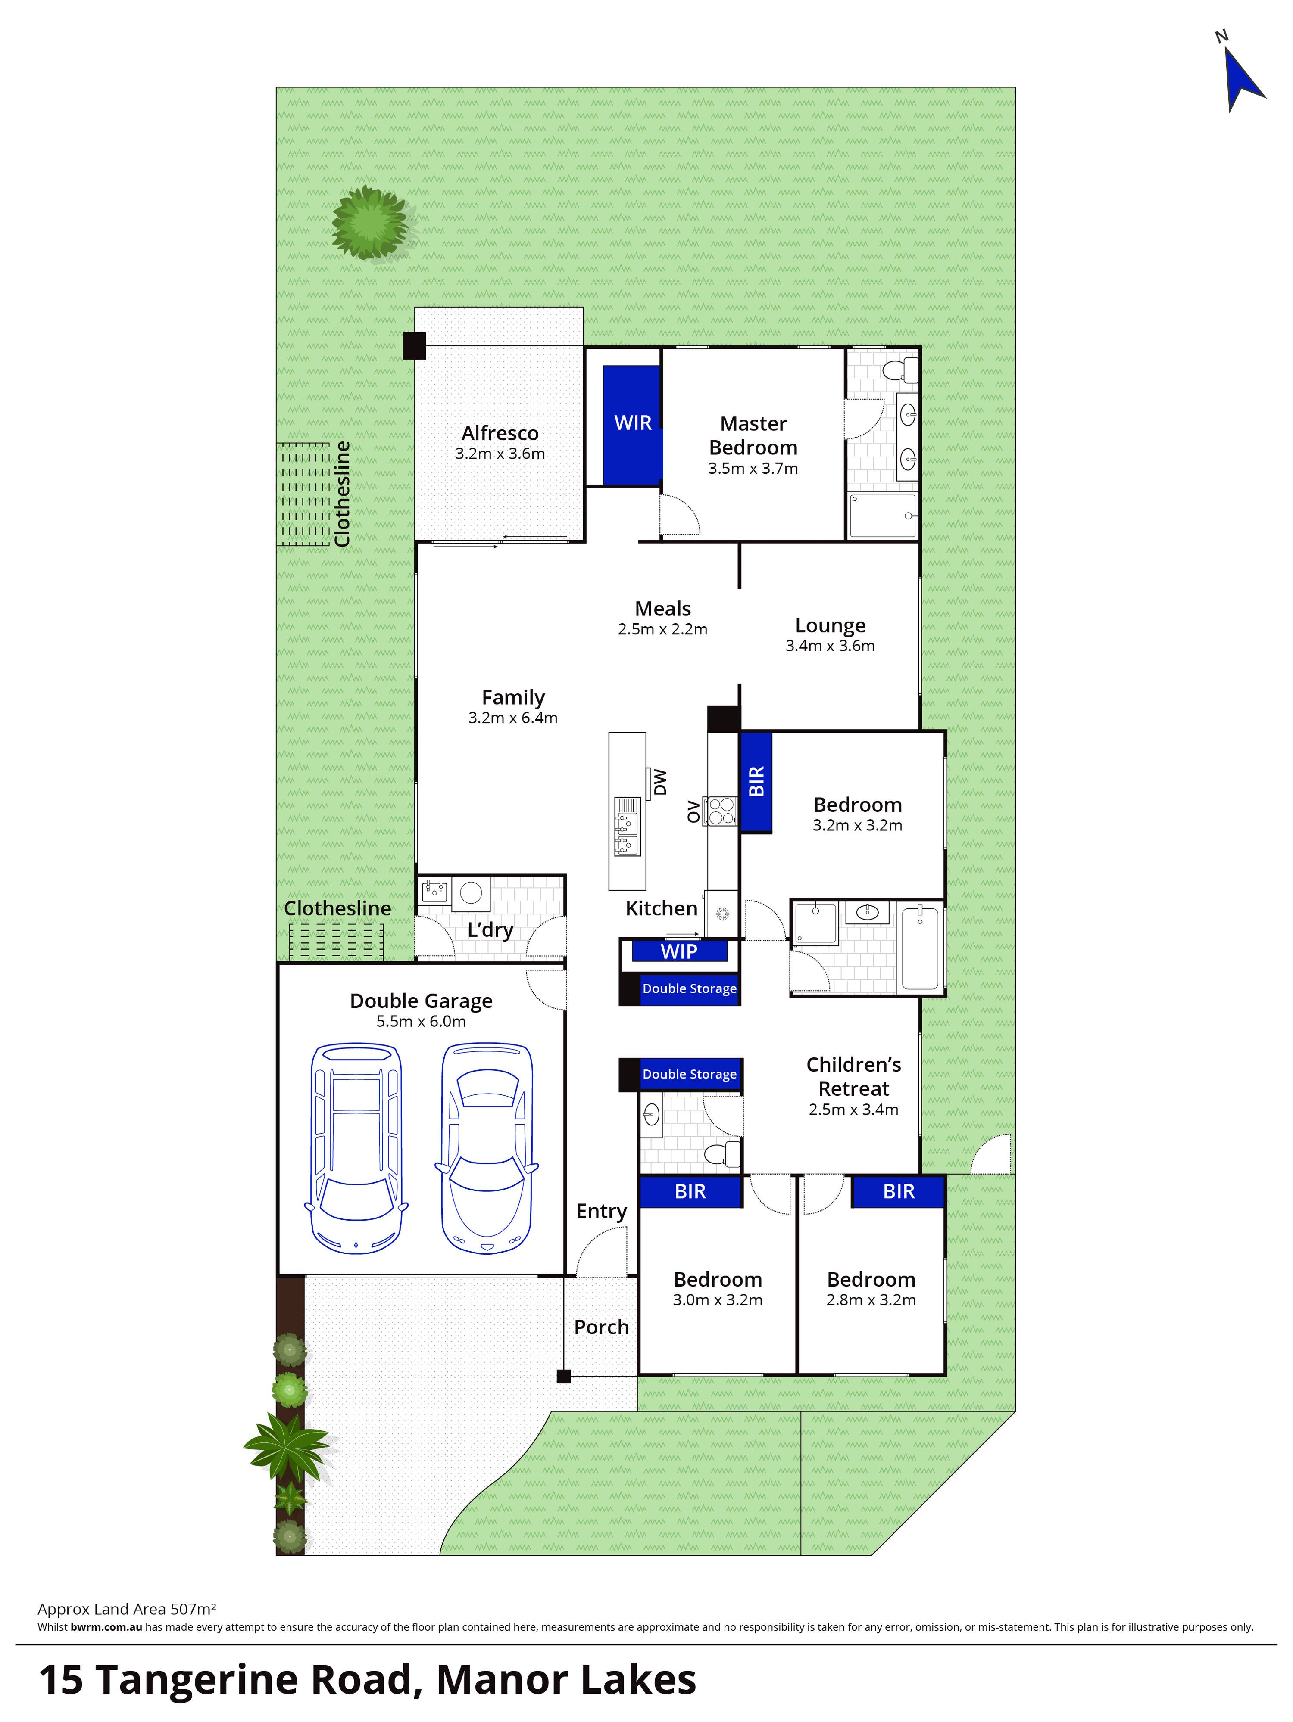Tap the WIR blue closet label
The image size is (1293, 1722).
point(632,423)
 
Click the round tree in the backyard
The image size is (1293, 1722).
point(370,224)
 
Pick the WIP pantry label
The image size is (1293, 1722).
point(678,951)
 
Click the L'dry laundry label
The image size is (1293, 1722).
point(490,929)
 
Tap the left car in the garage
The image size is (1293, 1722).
point(356,1148)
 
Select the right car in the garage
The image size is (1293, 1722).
point(487,1148)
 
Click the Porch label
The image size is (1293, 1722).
point(600,1327)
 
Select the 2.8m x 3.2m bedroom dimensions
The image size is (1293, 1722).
point(871,1300)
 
